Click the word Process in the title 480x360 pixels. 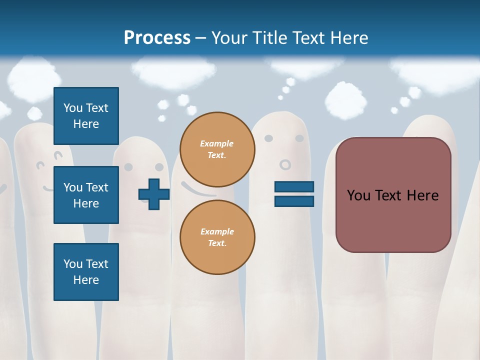[x=157, y=37]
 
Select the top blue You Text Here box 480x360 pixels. [x=86, y=116]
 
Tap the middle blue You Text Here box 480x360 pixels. [x=86, y=195]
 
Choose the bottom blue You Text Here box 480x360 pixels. [x=86, y=272]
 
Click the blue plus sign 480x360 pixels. [x=154, y=194]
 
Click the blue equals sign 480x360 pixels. [x=294, y=194]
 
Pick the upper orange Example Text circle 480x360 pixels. [x=217, y=149]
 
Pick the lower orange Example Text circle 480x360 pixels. [x=217, y=237]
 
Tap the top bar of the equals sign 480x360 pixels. [x=294, y=186]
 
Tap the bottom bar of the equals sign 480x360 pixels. [x=294, y=201]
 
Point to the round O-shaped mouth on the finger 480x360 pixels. [x=285, y=164]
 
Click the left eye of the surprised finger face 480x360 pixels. [x=268, y=138]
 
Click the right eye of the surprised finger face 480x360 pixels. [x=299, y=138]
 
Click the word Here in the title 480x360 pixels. [x=348, y=37]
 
